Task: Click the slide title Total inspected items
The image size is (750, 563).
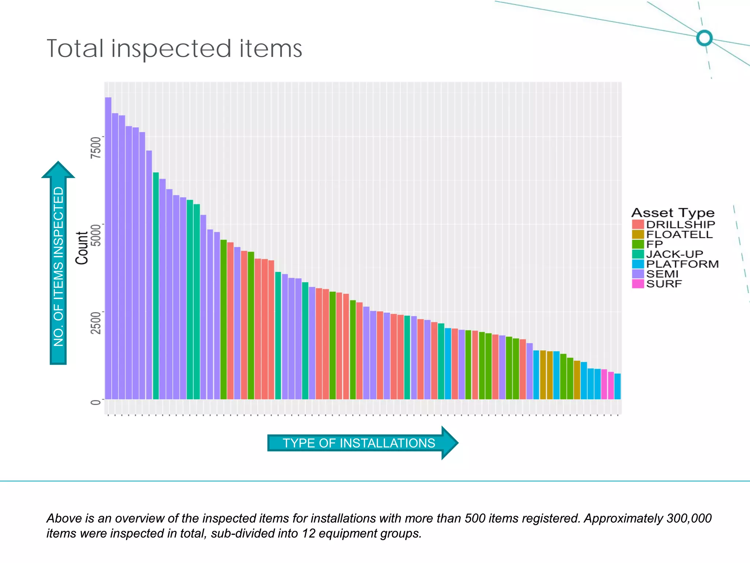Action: (x=174, y=49)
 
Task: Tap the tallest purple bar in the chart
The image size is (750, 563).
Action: (x=108, y=249)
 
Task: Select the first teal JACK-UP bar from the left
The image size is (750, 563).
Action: (x=156, y=286)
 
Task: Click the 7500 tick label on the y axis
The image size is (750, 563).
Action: (x=96, y=147)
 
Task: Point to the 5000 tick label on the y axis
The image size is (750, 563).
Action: (x=96, y=235)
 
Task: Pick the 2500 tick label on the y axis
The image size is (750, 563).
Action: (x=96, y=323)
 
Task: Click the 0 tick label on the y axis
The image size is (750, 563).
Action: (x=96, y=402)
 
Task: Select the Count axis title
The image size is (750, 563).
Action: (x=82, y=248)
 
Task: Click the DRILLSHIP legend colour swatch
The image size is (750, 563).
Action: (x=638, y=224)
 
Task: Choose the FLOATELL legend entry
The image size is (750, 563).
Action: (x=679, y=234)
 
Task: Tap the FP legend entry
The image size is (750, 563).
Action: (x=654, y=244)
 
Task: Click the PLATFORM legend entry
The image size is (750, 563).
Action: (x=682, y=264)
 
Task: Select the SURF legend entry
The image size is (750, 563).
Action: (x=664, y=284)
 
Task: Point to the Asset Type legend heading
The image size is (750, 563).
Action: (x=673, y=213)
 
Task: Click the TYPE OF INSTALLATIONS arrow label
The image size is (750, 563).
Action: (x=359, y=443)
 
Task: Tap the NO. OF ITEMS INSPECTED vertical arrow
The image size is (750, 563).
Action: (x=58, y=264)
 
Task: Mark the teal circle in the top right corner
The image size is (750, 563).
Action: (x=704, y=38)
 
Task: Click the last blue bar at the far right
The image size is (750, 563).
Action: (x=617, y=386)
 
